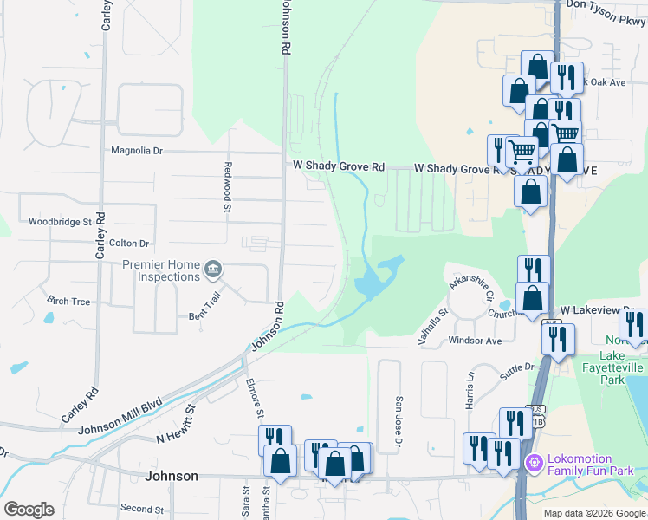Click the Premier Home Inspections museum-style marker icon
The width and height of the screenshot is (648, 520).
212,270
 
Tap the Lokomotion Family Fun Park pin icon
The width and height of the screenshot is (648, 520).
533,464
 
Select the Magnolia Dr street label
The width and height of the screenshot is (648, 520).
137,151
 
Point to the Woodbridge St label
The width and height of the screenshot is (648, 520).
60,222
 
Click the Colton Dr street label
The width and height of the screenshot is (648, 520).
130,244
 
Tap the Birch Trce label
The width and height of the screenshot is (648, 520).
68,301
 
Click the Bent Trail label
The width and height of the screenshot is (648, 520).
205,317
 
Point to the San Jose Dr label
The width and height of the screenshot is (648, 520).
399,421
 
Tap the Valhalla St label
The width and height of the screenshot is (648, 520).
433,325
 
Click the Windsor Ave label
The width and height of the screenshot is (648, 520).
475,341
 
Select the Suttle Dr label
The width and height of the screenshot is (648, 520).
517,368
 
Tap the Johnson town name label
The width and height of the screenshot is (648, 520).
172,476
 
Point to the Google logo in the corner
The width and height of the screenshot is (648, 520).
29,510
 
